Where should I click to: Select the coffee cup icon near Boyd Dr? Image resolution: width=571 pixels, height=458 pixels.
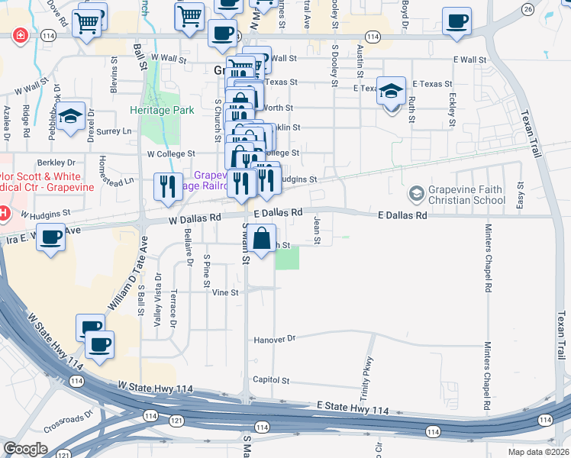click(x=457, y=21)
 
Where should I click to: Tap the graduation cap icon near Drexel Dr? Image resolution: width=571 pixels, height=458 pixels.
click(x=70, y=116)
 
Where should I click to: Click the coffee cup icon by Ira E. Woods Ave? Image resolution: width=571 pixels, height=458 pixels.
click(x=50, y=237)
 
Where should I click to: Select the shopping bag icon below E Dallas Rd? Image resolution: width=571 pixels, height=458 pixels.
click(x=261, y=237)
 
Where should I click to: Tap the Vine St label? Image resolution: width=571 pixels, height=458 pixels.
click(x=224, y=292)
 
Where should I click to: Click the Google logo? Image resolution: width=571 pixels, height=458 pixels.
click(x=25, y=448)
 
